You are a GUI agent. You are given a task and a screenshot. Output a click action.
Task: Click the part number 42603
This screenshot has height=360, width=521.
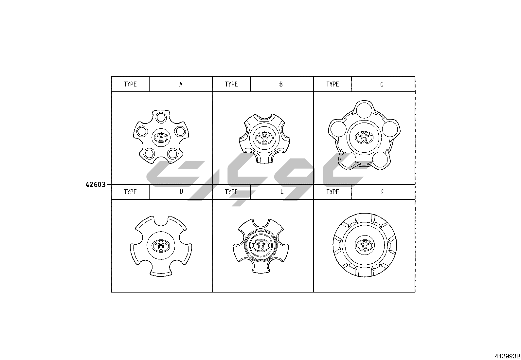tap(96, 185)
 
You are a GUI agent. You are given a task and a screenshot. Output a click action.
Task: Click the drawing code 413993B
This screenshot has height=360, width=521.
tap(507, 356)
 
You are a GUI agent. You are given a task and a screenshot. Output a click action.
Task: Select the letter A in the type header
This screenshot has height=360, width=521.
tap(181, 84)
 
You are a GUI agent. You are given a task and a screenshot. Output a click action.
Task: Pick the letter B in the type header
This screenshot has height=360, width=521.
tap(281, 84)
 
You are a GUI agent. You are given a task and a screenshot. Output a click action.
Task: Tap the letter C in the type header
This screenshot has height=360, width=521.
tap(382, 84)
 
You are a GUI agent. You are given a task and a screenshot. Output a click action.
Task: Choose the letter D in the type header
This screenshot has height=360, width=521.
tap(181, 191)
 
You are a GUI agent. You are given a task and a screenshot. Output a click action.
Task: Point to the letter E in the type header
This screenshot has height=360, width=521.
tap(282, 191)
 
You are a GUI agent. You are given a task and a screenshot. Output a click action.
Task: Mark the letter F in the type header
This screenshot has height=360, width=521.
tap(383, 191)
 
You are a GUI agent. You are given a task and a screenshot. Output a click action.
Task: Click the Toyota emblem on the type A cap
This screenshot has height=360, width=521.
tap(161, 137)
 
